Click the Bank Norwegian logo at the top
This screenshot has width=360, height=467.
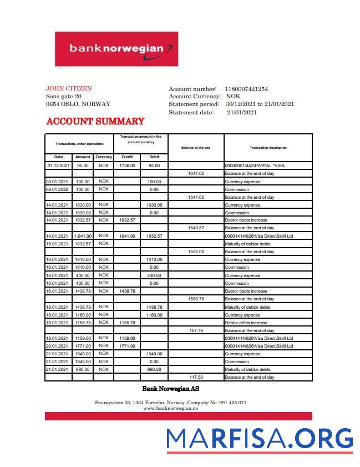[x=116, y=49]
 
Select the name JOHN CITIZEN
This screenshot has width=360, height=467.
[x=69, y=88]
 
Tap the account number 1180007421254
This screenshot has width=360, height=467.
[x=246, y=89]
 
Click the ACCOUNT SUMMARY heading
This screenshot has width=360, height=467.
[x=95, y=121]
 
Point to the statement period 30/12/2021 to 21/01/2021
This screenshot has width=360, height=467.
[x=260, y=104]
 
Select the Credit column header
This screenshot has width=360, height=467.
[x=127, y=157]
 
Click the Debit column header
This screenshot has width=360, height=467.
[x=154, y=157]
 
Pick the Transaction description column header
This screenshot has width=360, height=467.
[x=268, y=148]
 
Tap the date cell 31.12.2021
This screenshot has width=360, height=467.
[x=58, y=165]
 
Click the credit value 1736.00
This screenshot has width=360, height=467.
[x=127, y=165]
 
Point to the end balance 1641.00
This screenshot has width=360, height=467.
[x=196, y=173]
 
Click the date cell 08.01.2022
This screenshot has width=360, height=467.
[x=58, y=189]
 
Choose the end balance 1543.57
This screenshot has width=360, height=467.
[x=196, y=228]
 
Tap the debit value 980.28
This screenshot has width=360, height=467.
[x=154, y=369]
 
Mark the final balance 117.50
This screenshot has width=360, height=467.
[x=196, y=377]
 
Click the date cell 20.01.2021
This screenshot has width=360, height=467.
[x=58, y=346]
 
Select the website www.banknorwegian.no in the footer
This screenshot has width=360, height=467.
[x=170, y=408]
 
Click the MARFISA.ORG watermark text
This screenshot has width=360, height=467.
[x=260, y=439]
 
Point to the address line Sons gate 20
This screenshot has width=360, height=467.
[x=64, y=96]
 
